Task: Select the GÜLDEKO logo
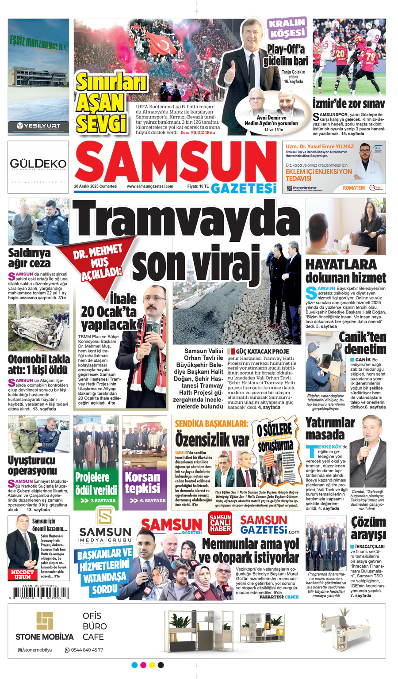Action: (38, 164)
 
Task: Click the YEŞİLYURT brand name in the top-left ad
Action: (38, 126)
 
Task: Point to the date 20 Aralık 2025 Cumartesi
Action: (96, 187)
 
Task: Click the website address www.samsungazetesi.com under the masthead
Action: (150, 187)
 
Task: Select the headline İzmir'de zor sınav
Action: (348, 104)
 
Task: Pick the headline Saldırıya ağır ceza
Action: (29, 258)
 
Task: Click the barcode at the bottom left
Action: (38, 592)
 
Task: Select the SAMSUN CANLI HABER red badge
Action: (220, 523)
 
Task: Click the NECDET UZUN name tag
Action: (23, 574)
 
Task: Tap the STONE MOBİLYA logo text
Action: (45, 637)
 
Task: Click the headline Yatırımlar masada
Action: (329, 428)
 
